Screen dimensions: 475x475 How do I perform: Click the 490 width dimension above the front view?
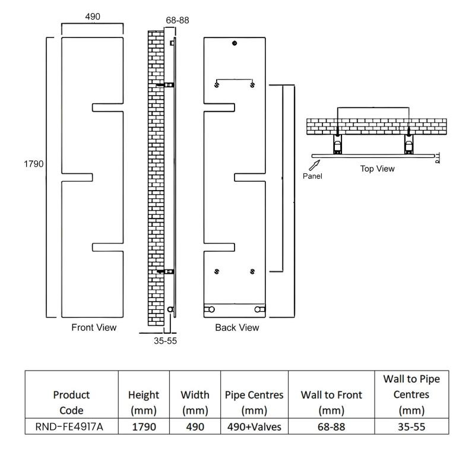93,17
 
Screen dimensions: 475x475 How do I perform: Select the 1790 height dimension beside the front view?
34,164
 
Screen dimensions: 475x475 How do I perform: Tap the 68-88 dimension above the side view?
178,20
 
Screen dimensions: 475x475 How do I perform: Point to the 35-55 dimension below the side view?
165,341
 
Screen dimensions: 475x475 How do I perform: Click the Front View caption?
94,328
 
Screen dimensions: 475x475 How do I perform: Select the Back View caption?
237,328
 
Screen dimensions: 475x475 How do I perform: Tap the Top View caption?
378,169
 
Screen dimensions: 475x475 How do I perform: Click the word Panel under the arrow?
312,176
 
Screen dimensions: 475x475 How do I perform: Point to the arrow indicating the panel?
315,166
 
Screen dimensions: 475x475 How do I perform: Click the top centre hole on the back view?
235,43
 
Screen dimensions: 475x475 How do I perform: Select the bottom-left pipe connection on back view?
210,309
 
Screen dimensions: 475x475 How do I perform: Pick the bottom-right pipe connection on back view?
259,309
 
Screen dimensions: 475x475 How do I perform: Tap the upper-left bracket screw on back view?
217,85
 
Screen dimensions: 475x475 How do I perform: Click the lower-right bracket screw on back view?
252,272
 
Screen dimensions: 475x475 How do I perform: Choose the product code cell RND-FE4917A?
69,426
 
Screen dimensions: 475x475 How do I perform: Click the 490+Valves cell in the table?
255,426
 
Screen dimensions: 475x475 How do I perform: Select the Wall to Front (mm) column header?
331,403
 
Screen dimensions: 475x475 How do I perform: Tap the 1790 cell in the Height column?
144,426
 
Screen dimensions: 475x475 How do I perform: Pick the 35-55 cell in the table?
411,426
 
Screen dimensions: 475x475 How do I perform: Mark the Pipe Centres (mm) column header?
254,403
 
